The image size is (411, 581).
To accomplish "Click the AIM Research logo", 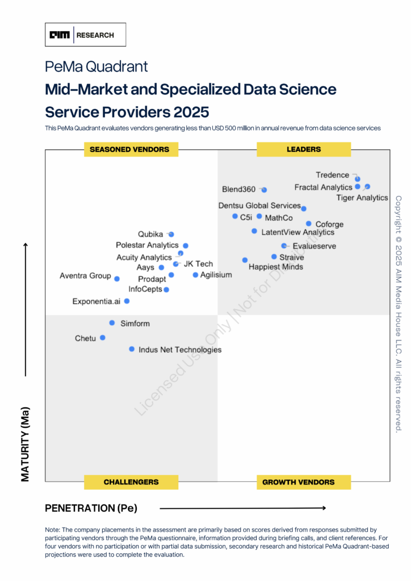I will pyautogui.click(x=85, y=35).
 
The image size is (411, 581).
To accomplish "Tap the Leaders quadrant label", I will pyautogui.click(x=304, y=149).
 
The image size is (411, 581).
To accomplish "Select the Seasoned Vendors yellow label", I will pyautogui.click(x=131, y=149).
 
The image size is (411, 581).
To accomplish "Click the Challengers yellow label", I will pyautogui.click(x=131, y=482).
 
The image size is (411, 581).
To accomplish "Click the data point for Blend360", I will pyautogui.click(x=265, y=190).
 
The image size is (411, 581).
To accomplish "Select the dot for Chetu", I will pyautogui.click(x=103, y=338).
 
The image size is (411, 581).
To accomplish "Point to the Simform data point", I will pyautogui.click(x=112, y=323).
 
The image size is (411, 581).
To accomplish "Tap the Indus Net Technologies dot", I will pyautogui.click(x=132, y=350).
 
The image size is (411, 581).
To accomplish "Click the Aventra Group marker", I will pyautogui.click(x=117, y=279).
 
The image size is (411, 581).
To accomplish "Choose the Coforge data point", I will pyautogui.click(x=309, y=224).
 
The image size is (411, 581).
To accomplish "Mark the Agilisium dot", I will pyautogui.click(x=195, y=275).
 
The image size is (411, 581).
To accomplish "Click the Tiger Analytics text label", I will pyautogui.click(x=362, y=198).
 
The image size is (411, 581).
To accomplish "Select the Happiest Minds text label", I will pyautogui.click(x=276, y=267).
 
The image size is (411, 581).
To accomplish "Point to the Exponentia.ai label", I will pyautogui.click(x=97, y=301).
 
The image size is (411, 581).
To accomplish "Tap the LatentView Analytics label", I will pyautogui.click(x=298, y=232).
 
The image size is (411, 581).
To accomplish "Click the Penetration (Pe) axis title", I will pyautogui.click(x=91, y=508).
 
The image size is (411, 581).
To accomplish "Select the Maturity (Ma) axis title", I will pyautogui.click(x=26, y=444).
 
